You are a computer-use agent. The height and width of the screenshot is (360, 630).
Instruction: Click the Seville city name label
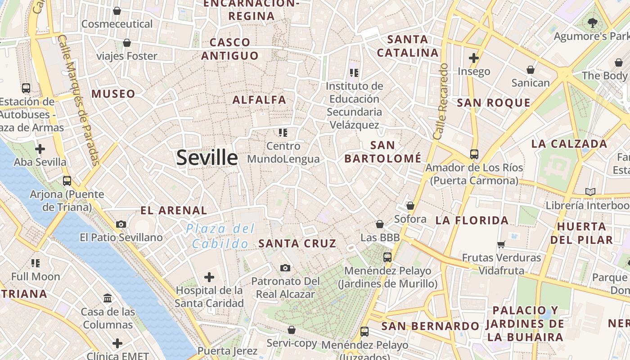[207, 157]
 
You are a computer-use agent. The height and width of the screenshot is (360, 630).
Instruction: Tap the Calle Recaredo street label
[440, 101]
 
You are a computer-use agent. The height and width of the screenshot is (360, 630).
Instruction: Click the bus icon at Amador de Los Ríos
[474, 154]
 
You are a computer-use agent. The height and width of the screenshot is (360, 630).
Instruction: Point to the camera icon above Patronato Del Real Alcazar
[285, 268]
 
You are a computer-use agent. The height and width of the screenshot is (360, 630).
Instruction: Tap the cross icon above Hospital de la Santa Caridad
[209, 277]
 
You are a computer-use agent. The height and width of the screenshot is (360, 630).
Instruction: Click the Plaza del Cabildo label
[220, 236]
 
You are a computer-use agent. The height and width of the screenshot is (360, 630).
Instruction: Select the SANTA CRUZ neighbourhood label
[297, 243]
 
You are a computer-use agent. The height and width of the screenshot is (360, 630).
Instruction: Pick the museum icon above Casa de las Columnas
[108, 298]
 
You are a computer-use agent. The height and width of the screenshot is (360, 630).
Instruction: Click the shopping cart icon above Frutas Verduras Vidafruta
[501, 244]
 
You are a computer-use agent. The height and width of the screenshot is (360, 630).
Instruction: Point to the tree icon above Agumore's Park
[593, 22]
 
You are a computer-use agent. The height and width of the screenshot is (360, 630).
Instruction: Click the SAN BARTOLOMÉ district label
[383, 152]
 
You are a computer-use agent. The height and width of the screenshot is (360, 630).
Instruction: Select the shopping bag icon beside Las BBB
[380, 224]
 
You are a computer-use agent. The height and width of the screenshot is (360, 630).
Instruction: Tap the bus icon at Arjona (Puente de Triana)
[67, 181]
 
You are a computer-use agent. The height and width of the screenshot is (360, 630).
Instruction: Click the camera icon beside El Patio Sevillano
[121, 224]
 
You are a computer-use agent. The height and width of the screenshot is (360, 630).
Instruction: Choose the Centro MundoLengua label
[283, 153]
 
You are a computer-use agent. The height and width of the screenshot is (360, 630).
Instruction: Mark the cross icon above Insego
[473, 58]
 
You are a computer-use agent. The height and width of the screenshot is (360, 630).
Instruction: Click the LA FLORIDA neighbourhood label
[472, 220]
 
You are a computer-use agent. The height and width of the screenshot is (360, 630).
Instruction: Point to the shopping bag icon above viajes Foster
[127, 43]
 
